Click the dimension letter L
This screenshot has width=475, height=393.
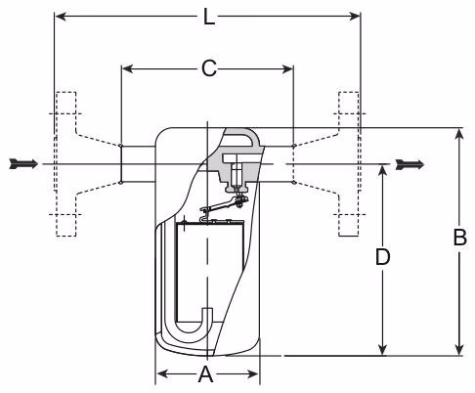207,17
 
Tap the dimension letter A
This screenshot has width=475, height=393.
205,374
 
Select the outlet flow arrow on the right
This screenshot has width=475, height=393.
409,163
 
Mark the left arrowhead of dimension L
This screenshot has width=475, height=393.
58,17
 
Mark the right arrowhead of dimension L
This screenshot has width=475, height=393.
357,17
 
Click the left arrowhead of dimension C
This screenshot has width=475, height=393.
124,68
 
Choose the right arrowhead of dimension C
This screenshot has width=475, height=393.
289,68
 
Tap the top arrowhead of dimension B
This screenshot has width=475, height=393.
459,132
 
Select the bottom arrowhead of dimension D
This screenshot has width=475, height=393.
384,351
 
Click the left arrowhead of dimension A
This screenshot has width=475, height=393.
160,374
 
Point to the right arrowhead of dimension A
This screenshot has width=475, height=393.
255,374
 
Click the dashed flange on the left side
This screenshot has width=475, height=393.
65,163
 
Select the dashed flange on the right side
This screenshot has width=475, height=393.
348,163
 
